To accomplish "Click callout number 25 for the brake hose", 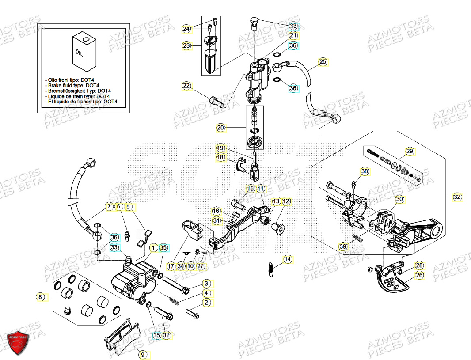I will click(x=323, y=62).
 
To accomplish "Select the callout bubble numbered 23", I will click(x=186, y=45).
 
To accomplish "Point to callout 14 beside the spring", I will click(x=288, y=259).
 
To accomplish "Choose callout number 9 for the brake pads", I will click(x=142, y=354).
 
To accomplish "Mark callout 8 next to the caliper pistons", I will click(x=40, y=297).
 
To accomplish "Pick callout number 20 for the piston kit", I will click(x=221, y=128).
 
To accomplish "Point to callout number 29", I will click(x=410, y=152).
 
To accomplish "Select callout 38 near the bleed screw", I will click(x=364, y=171).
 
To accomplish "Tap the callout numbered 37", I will click(x=167, y=336).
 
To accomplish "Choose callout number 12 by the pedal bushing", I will click(x=286, y=201).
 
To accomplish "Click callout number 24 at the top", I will click(x=186, y=29).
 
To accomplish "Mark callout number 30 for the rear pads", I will click(x=399, y=200).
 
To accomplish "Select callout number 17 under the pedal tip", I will click(x=171, y=266).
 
